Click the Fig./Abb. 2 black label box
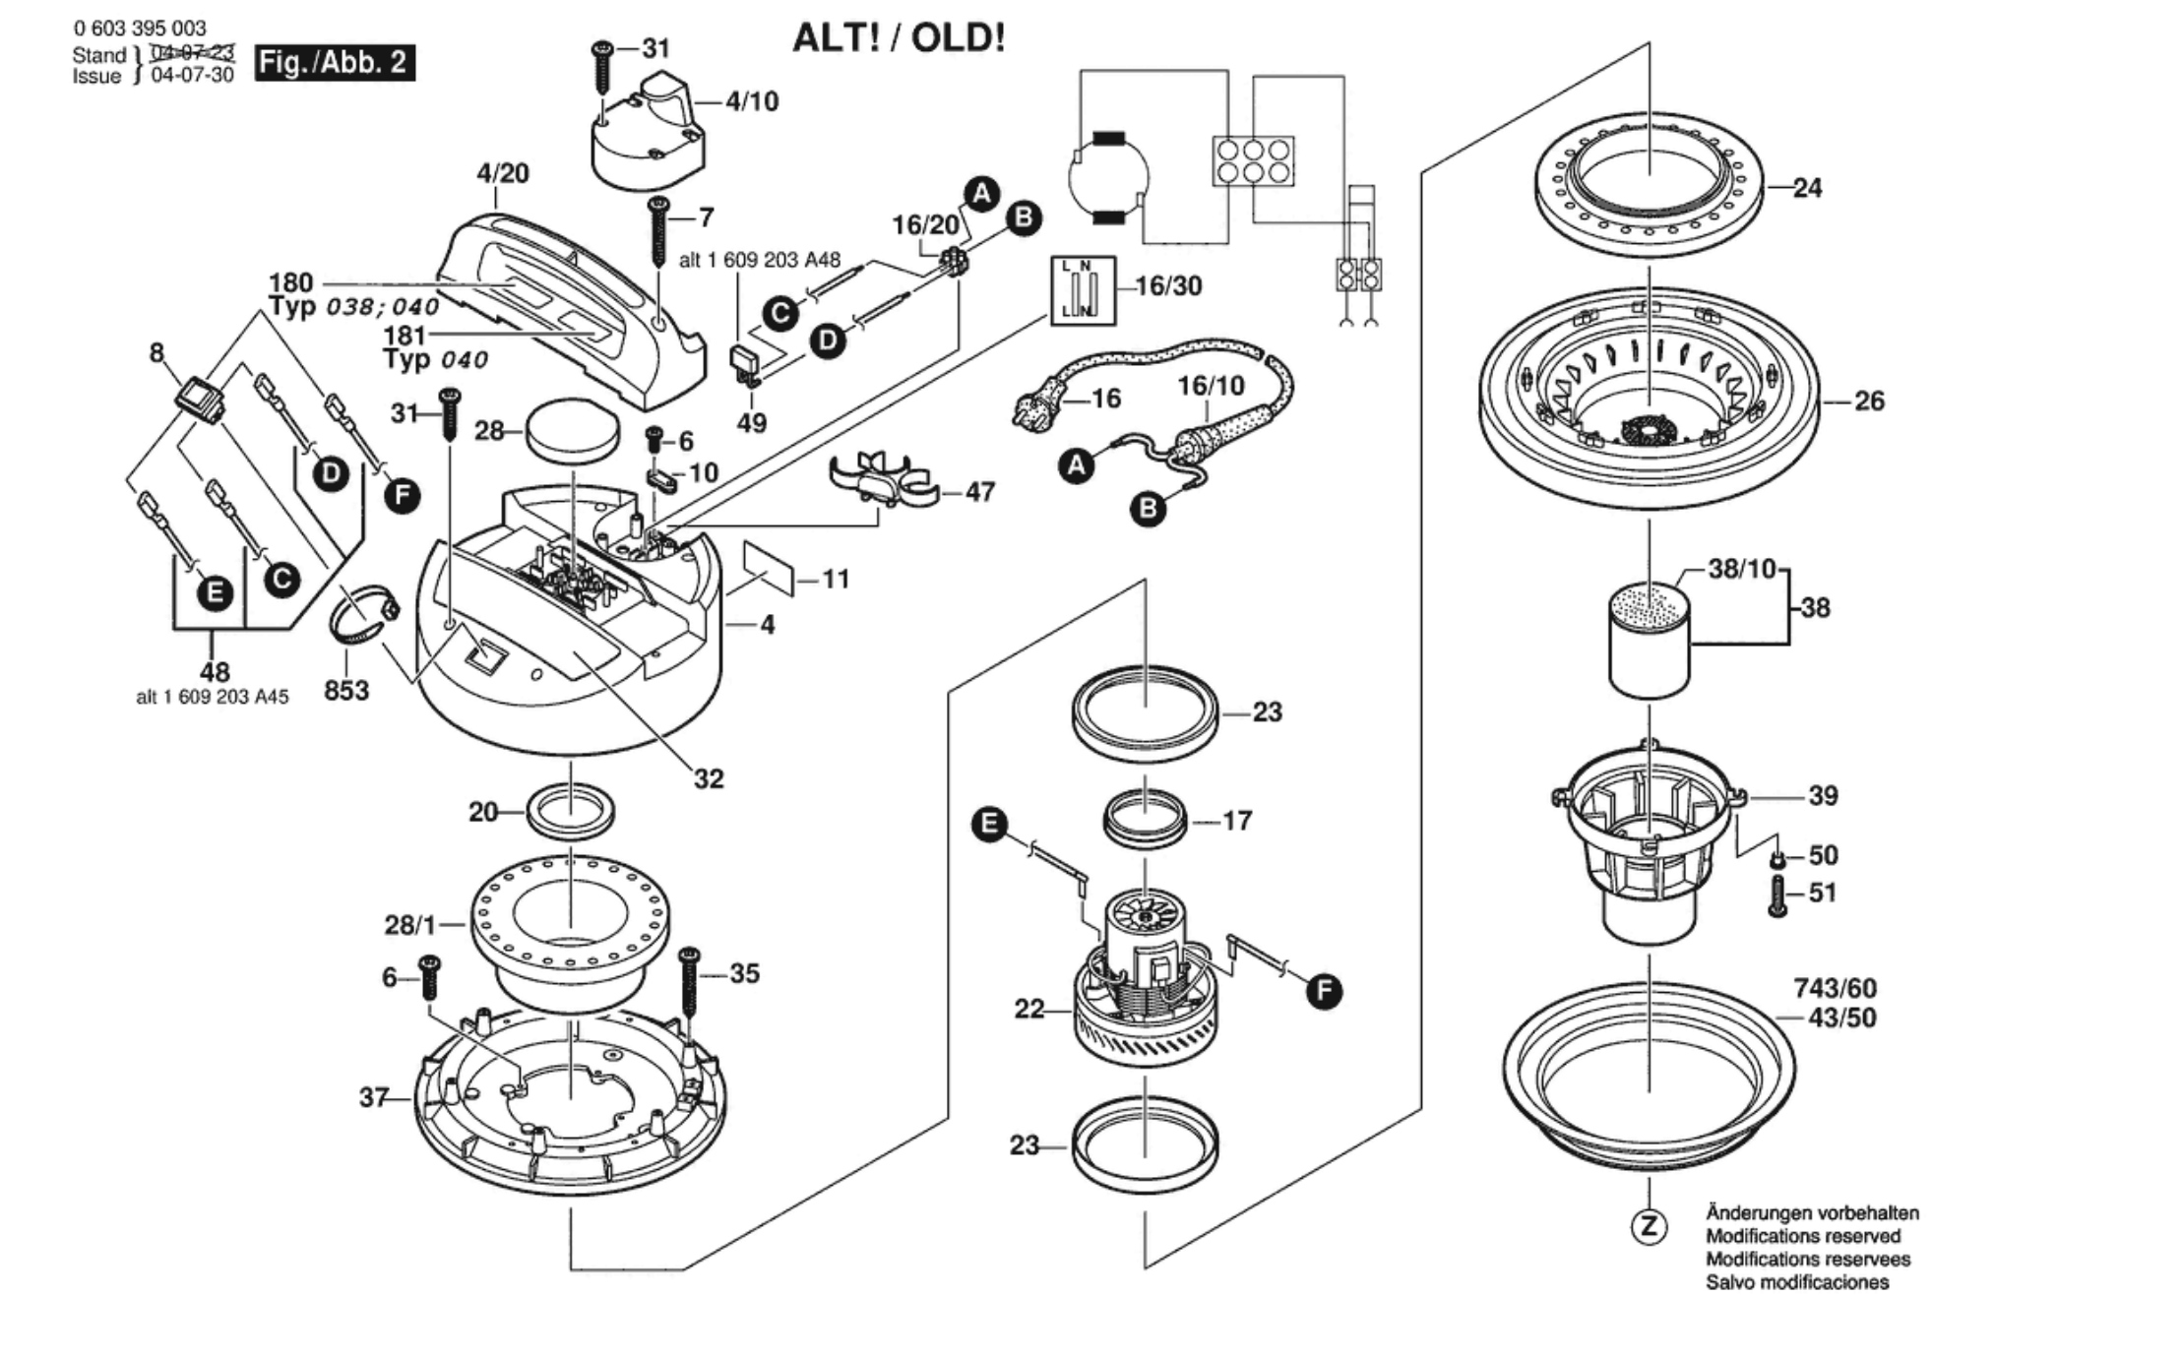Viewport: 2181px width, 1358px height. [x=335, y=63]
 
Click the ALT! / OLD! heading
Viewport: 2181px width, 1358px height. [x=899, y=38]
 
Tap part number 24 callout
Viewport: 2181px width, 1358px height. [x=1807, y=188]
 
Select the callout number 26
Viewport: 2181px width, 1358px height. [x=1868, y=401]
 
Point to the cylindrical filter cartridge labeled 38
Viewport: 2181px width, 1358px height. [x=1649, y=643]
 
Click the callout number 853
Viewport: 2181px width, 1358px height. [x=346, y=691]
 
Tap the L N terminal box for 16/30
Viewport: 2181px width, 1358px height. [x=1083, y=290]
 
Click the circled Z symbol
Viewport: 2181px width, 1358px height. [x=1649, y=1226]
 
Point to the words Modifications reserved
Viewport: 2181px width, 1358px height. [x=1803, y=1236]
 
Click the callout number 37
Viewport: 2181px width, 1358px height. [x=374, y=1096]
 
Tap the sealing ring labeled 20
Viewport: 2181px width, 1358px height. [x=571, y=812]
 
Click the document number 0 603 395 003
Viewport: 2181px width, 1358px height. [x=140, y=29]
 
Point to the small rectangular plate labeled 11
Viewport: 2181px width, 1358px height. [x=769, y=568]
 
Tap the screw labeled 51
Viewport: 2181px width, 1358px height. [x=1777, y=895]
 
